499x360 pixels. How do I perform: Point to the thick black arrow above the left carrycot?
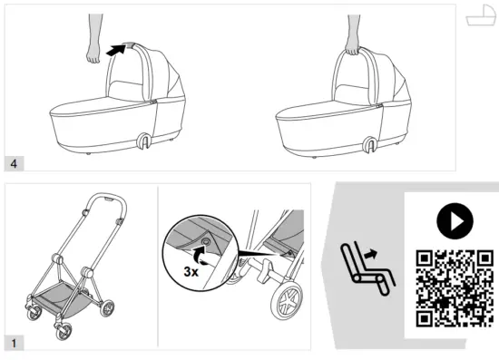(113, 51)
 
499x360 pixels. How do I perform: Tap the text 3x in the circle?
(191, 270)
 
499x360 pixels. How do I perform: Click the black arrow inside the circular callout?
(205, 257)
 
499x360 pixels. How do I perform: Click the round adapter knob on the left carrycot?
(144, 141)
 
